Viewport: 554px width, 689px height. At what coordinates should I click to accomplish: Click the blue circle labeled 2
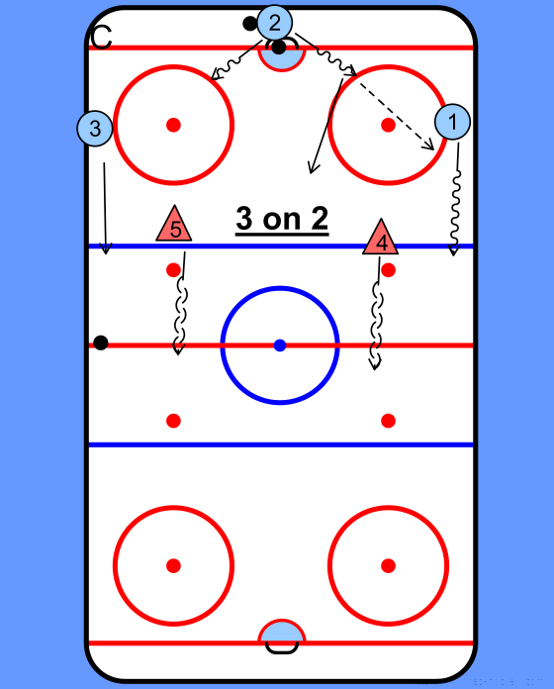(x=274, y=23)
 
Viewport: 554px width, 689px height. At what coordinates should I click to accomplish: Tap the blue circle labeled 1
(x=452, y=122)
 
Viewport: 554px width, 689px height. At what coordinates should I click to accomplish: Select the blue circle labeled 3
(x=95, y=129)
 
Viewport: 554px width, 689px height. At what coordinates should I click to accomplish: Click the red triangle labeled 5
(x=174, y=225)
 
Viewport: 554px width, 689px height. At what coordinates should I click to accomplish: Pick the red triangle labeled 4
(x=380, y=239)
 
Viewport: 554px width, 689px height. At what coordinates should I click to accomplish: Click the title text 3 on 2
(x=282, y=219)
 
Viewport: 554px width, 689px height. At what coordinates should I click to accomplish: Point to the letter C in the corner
(x=101, y=38)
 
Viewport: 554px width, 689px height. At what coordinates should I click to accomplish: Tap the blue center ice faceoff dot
(x=280, y=345)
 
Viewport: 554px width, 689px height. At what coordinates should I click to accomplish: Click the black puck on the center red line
(x=101, y=343)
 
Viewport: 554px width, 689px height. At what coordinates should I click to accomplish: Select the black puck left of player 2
(x=249, y=24)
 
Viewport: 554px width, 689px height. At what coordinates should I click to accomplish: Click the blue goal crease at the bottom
(x=281, y=631)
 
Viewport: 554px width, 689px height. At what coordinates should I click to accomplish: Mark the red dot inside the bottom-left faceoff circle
(x=173, y=565)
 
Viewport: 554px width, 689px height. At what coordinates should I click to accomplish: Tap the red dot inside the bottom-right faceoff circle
(x=388, y=565)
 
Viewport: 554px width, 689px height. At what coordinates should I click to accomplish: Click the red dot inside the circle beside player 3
(x=173, y=125)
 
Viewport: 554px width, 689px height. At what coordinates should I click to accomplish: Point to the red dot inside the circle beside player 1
(x=388, y=125)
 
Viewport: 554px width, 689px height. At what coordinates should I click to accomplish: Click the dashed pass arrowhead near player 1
(x=429, y=145)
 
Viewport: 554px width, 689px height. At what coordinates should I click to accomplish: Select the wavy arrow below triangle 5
(x=180, y=303)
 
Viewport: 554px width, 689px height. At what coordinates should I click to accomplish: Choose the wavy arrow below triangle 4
(x=377, y=313)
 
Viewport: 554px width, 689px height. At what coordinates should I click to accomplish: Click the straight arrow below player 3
(x=105, y=208)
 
